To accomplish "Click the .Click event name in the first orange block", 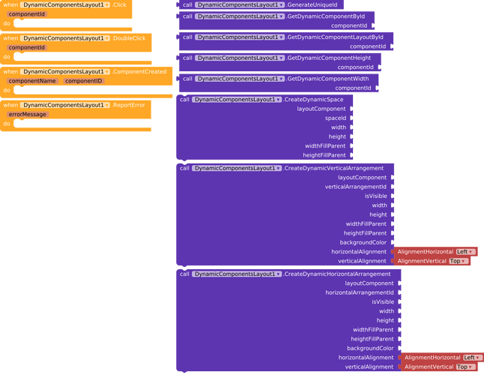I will (119, 5).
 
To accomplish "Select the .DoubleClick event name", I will (130, 38).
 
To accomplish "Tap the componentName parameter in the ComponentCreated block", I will (32, 81).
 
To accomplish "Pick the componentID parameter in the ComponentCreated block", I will (83, 81).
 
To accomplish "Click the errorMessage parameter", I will (28, 115).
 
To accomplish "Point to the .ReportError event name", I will (129, 106).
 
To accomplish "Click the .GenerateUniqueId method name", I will (312, 5).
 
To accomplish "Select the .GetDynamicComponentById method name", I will (328, 16).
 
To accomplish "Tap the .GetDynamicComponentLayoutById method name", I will (335, 37).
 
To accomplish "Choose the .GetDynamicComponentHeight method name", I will (329, 58).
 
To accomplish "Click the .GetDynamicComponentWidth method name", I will (327, 79).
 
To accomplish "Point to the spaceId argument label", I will (335, 118).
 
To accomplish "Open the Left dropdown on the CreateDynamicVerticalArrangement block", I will (465, 252).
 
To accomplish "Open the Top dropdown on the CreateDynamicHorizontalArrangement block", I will (465, 367).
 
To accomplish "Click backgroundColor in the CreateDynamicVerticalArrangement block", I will (363, 242).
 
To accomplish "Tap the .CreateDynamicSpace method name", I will (314, 100).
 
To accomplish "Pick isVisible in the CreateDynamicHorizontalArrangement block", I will (382, 301).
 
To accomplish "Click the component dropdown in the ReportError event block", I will (65, 106).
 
